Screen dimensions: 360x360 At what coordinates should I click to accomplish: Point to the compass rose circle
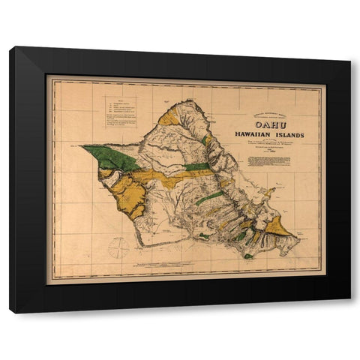[x=118, y=247]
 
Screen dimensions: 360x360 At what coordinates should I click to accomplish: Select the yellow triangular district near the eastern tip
[x=277, y=226]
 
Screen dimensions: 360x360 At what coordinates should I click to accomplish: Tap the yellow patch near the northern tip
[x=169, y=118]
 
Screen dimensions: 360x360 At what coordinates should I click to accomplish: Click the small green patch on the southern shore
[x=248, y=256]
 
